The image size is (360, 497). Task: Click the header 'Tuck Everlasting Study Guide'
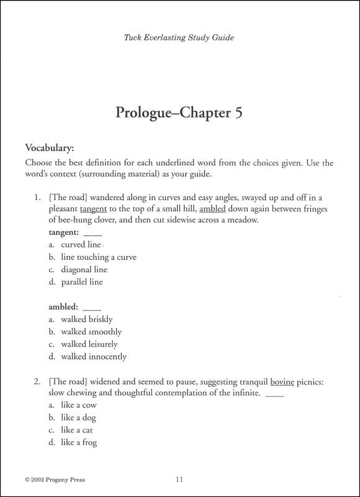click(179, 37)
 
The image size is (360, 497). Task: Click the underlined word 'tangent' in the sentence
click(93, 209)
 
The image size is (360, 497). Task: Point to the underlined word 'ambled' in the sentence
click(214, 209)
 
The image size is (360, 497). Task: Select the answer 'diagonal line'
click(84, 270)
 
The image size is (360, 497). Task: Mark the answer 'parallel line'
click(82, 282)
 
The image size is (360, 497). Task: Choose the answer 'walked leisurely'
click(89, 344)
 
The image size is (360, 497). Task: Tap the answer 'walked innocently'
click(93, 357)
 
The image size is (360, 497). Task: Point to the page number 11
click(179, 480)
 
